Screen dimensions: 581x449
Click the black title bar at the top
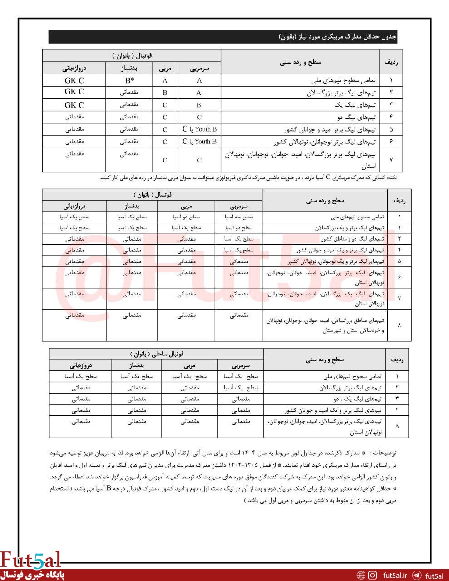(222, 37)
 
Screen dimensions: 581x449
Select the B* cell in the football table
(129, 80)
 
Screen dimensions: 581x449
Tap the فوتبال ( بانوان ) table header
(132, 56)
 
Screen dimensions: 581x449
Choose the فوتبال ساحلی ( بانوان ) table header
(156, 354)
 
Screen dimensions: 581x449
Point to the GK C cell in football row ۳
(74, 105)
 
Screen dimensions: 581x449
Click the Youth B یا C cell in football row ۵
(199, 129)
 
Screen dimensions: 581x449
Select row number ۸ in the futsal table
(399, 325)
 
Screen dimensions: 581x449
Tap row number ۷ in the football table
(391, 160)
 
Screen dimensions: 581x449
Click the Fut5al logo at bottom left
(30, 560)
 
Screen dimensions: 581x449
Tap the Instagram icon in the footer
(373, 575)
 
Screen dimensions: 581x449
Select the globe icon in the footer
(361, 575)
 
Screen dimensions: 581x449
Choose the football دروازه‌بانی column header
(74, 68)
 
